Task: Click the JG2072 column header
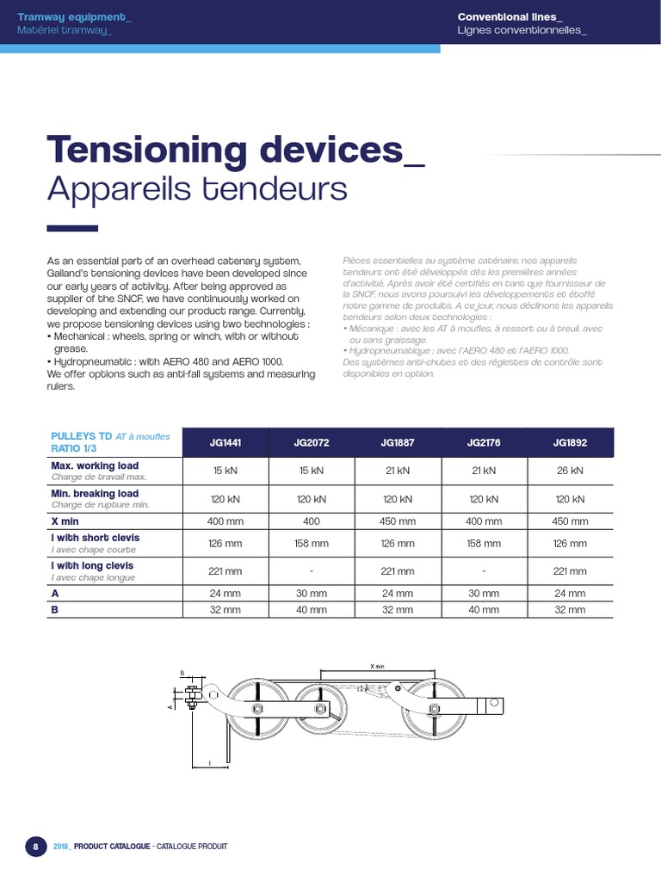tap(312, 442)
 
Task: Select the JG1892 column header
tap(570, 442)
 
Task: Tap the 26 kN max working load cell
tap(570, 471)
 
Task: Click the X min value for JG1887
tap(398, 521)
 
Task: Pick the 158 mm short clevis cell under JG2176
tap(484, 544)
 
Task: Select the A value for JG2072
tap(312, 594)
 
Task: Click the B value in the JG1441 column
tap(226, 610)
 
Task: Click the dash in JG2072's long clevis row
tap(312, 571)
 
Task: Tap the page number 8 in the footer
tap(35, 847)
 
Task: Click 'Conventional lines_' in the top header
tap(510, 16)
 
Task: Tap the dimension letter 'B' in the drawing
tap(182, 675)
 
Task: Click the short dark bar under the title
tap(71, 228)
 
